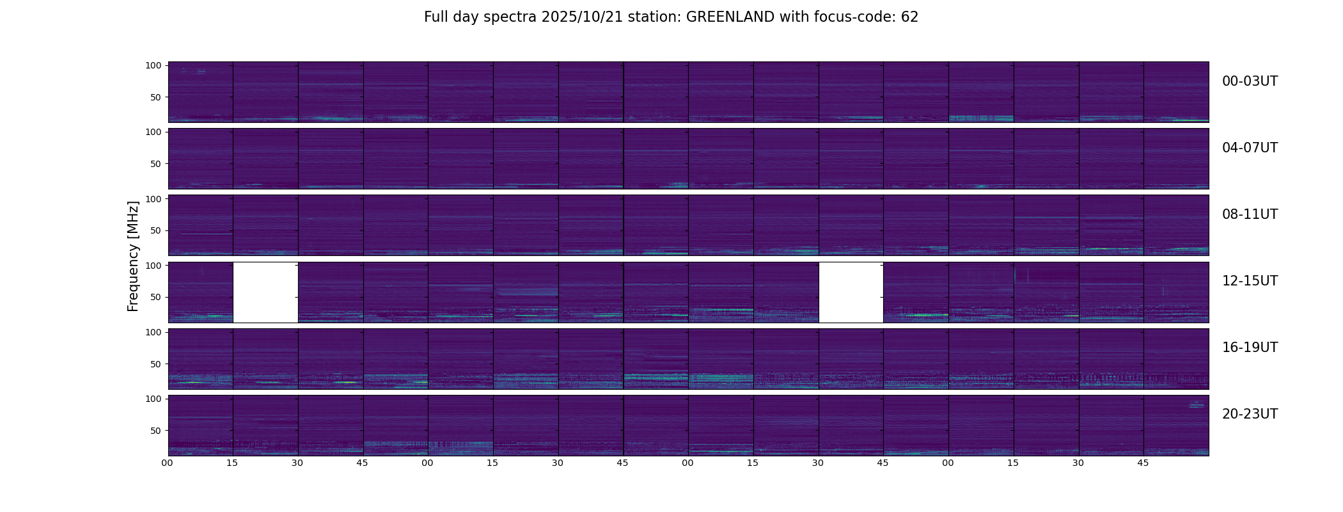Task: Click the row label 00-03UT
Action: point(1250,81)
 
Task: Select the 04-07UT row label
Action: point(1250,148)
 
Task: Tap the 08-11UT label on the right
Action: point(1250,214)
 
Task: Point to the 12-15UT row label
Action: point(1250,281)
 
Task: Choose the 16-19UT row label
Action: point(1250,348)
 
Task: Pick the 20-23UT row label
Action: point(1250,414)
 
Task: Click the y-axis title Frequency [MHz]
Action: point(133,256)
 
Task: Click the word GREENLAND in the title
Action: point(730,17)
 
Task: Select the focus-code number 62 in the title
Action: point(909,17)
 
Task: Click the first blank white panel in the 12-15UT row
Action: point(265,292)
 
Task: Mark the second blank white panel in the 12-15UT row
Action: point(851,292)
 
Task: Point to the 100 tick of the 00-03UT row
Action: point(153,65)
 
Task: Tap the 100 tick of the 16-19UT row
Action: point(153,332)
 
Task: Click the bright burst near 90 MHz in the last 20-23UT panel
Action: point(1196,405)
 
